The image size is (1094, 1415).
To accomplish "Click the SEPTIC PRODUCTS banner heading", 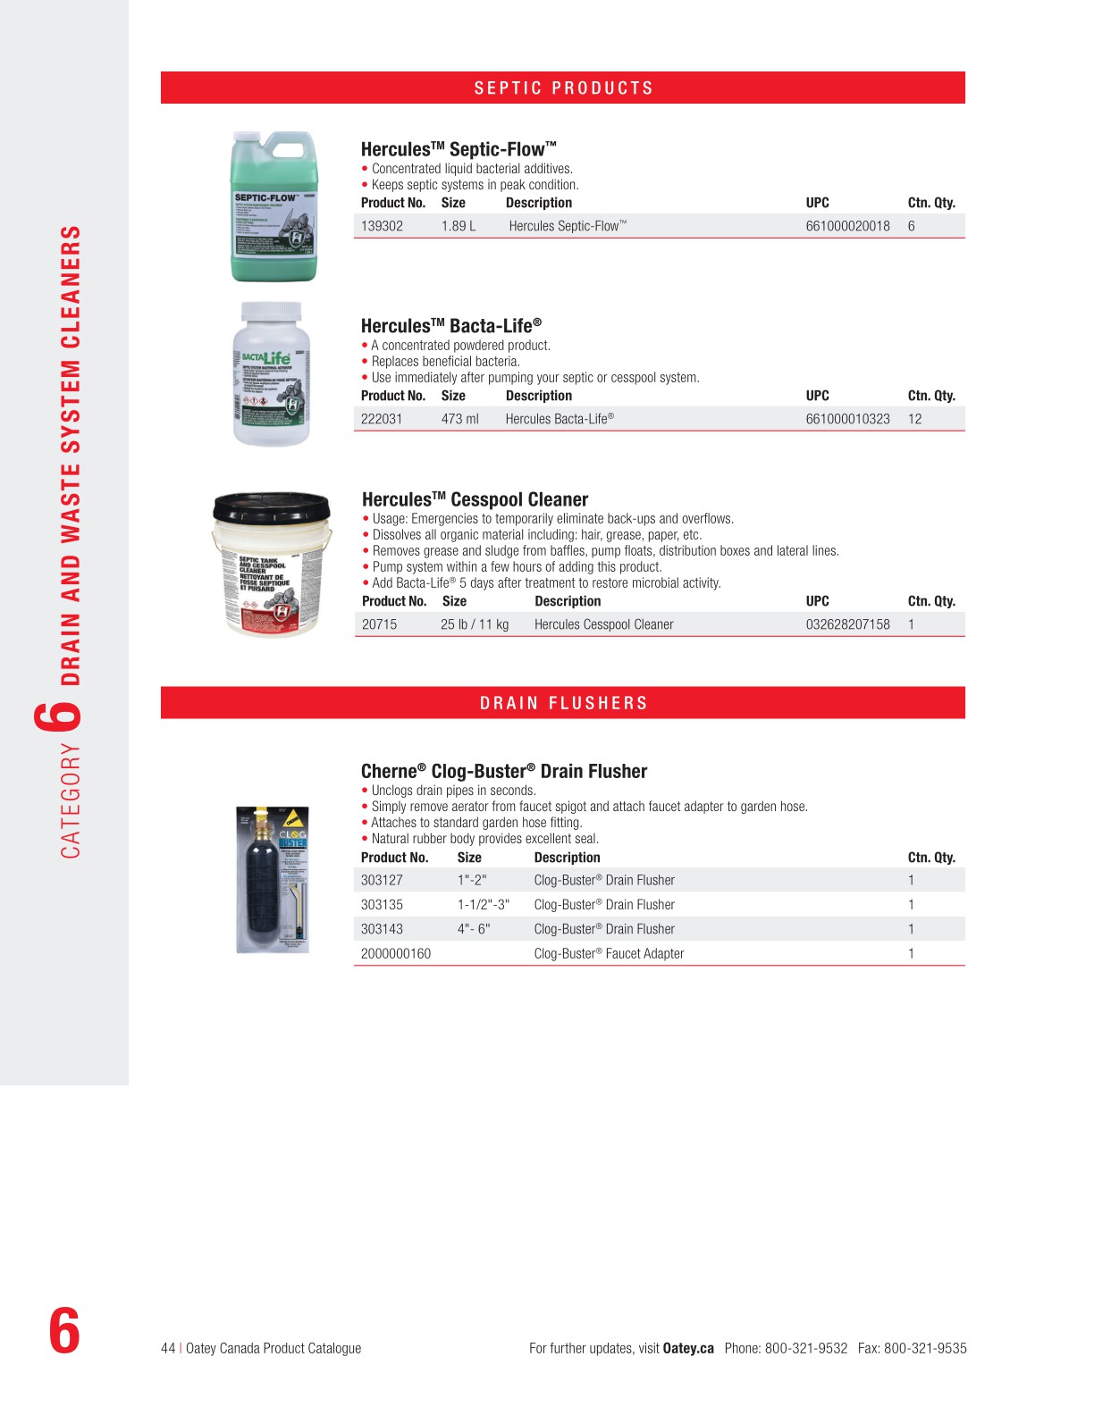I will (563, 88).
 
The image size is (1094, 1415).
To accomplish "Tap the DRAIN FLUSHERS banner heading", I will (563, 703).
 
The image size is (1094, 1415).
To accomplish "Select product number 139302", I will (382, 226).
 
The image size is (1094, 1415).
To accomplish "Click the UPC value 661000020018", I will (847, 226).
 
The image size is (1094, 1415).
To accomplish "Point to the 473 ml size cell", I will (459, 419).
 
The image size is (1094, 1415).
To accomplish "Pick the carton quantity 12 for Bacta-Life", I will (914, 419).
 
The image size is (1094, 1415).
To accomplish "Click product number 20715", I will (379, 624).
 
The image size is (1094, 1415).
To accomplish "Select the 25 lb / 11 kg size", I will (474, 624).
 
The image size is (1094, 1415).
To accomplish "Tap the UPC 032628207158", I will (847, 624).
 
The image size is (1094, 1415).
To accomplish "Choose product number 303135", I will (382, 905).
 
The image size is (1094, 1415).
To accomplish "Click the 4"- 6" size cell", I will (474, 929).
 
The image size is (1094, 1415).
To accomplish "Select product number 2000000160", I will (395, 954).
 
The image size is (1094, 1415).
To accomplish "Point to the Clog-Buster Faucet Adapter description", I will (609, 954).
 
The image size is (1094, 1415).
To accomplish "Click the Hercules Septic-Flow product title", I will (459, 149).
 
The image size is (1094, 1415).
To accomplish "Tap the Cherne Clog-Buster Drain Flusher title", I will (503, 771).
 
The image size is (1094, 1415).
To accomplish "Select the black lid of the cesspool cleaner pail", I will (272, 506).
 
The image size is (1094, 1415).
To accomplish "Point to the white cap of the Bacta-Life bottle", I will (272, 313).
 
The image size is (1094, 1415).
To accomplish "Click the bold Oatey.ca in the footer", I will (687, 1348).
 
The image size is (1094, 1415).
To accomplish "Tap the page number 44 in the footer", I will (168, 1348).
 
